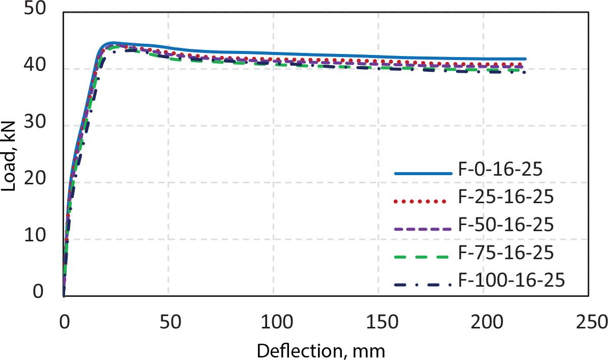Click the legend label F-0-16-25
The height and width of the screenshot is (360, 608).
pyautogui.click(x=500, y=170)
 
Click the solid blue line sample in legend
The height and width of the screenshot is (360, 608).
pyautogui.click(x=423, y=174)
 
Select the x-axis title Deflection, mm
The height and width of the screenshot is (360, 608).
pyautogui.click(x=321, y=350)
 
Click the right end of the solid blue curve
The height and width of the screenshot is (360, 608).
pyautogui.click(x=525, y=59)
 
